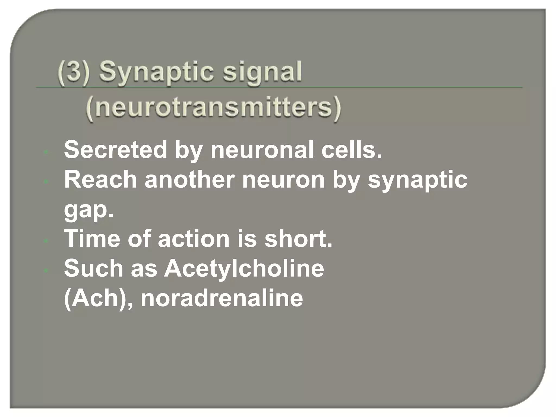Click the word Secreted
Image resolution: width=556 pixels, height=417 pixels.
click(115, 150)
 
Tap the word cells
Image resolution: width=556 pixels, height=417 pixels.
click(352, 150)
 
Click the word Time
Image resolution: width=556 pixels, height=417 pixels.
click(92, 239)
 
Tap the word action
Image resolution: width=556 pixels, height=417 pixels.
click(194, 239)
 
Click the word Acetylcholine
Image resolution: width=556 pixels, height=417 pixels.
click(244, 268)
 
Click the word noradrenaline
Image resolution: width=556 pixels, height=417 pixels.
click(222, 298)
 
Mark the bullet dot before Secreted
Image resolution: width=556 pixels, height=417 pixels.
click(46, 152)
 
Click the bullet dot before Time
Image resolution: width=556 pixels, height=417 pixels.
click(46, 241)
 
